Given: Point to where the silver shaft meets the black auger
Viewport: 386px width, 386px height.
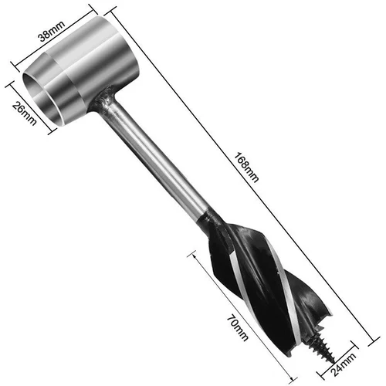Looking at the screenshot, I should point(210,218).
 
